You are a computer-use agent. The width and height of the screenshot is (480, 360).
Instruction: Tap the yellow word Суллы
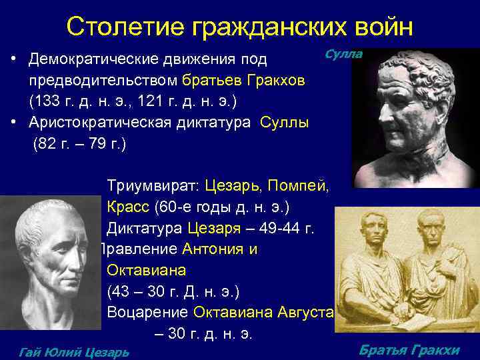click(x=284, y=123)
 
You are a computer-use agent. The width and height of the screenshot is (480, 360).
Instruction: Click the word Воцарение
click(x=147, y=313)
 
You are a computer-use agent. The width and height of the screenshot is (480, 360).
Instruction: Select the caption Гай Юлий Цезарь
click(x=75, y=352)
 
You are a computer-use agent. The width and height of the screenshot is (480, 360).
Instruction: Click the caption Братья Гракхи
click(x=409, y=350)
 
